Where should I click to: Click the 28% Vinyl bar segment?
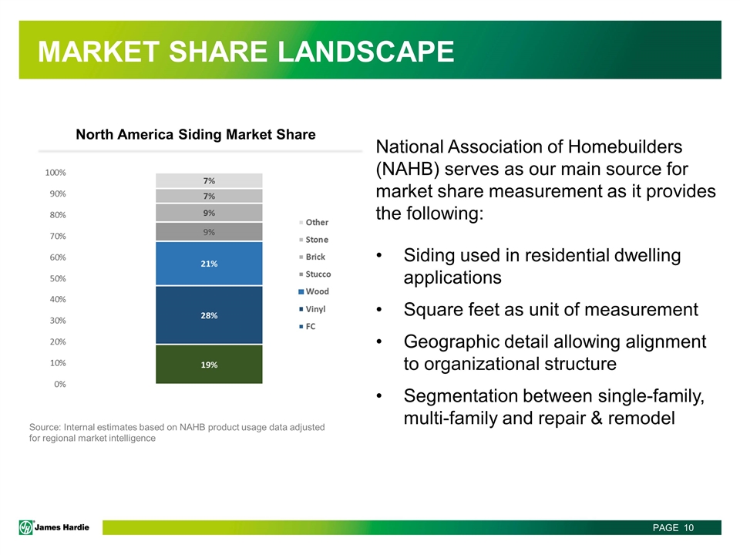tap(209, 314)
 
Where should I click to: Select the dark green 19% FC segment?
tap(209, 365)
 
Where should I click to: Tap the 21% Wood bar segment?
tap(209, 264)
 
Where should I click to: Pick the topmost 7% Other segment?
tap(209, 180)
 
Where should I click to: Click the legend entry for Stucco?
tap(314, 274)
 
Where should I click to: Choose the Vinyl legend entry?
tap(312, 309)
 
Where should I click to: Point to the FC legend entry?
tap(308, 327)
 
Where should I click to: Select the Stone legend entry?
tap(314, 240)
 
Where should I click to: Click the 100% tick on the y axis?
tap(55, 173)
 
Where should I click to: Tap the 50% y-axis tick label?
tap(58, 278)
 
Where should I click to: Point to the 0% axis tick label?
tap(60, 384)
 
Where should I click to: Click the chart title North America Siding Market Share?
tap(196, 134)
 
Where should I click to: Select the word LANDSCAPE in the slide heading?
tap(365, 51)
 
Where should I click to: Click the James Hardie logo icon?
tap(26, 527)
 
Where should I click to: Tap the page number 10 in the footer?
tap(688, 527)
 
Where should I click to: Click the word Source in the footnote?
tap(45, 427)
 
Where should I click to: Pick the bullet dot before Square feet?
tap(379, 310)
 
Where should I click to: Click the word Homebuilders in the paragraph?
tap(625, 146)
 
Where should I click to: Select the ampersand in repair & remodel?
tap(597, 418)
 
